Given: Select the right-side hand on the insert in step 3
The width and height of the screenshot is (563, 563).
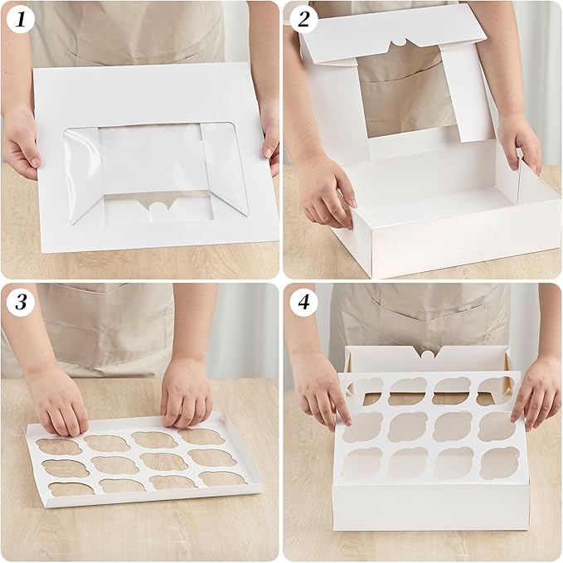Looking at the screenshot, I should pos(187,390).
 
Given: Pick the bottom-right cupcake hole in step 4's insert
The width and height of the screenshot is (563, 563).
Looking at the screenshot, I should pos(500,463).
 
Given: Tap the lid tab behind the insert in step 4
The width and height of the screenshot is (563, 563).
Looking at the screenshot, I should pos(426,356).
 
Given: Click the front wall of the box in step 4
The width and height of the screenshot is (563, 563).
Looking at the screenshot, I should pos(431,506).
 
